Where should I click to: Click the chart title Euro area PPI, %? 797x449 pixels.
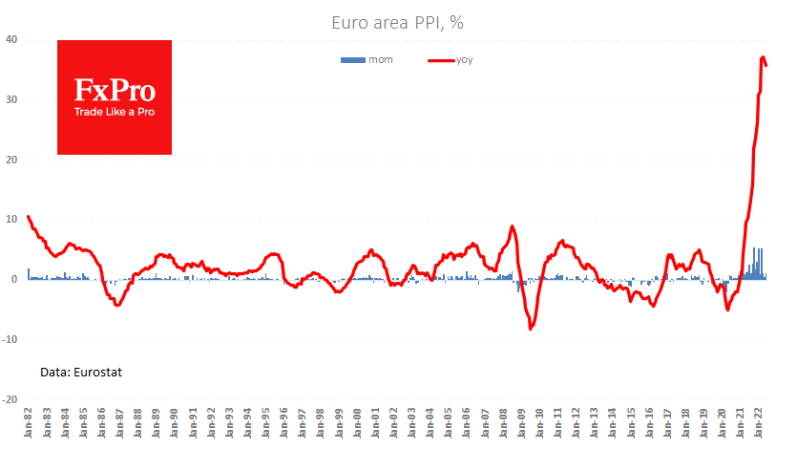click(397, 20)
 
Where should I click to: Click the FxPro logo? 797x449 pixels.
click(115, 96)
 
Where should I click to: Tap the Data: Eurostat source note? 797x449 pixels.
click(82, 371)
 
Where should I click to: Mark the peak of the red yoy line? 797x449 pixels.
click(763, 57)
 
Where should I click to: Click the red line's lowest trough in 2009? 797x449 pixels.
click(531, 329)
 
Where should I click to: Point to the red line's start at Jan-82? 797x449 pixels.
click(29, 217)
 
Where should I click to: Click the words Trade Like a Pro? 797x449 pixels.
click(115, 112)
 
